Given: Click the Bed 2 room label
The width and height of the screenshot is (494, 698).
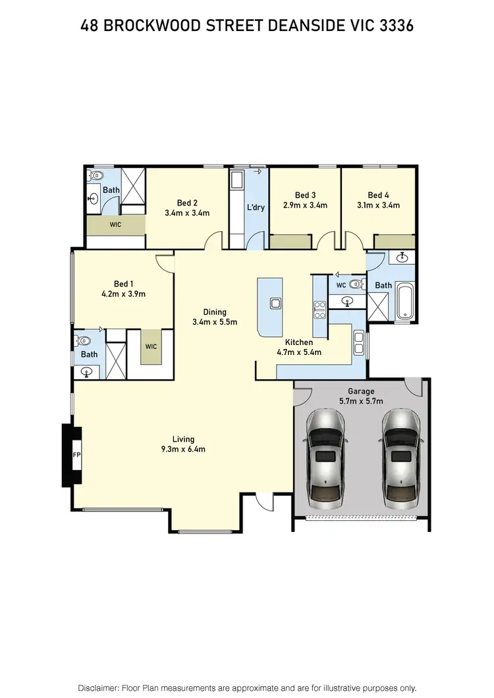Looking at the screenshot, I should click(188, 203).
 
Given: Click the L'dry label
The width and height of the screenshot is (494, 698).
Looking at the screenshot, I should click(256, 207).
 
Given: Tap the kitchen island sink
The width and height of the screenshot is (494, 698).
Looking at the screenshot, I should click(276, 304).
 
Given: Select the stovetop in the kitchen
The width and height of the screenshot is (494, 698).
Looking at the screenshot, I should click(320, 309).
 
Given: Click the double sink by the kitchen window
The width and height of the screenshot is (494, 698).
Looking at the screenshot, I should click(358, 342).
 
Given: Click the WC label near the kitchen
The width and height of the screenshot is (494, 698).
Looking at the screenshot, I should click(341, 285).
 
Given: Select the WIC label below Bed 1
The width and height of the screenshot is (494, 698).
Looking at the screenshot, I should click(151, 346).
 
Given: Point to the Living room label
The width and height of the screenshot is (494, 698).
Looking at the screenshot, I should click(184, 439).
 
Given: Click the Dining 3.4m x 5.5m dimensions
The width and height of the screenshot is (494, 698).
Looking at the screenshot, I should click(215, 322).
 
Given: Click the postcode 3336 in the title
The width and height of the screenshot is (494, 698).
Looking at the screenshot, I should click(395, 25).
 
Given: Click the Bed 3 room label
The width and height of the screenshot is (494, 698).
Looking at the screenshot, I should click(306, 195).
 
